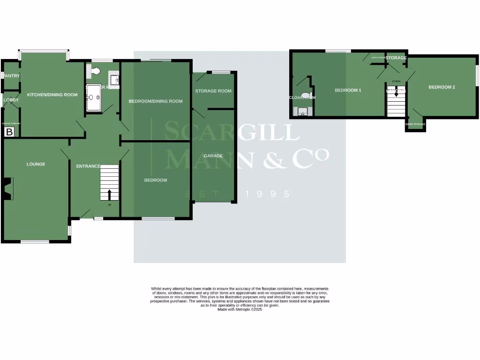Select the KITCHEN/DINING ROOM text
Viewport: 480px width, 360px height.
52,95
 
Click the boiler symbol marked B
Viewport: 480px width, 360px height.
8,132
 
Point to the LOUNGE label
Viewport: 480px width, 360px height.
36,164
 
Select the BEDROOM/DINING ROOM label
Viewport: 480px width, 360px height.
156,101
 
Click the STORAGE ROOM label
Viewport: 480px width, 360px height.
213,91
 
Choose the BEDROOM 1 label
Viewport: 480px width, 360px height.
348,90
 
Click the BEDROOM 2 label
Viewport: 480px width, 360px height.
442,87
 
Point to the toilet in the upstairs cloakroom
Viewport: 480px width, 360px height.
306,96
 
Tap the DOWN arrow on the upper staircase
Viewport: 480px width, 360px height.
396,92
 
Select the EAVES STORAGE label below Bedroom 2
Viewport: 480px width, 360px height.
415,124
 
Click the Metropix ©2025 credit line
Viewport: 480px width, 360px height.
240,309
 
